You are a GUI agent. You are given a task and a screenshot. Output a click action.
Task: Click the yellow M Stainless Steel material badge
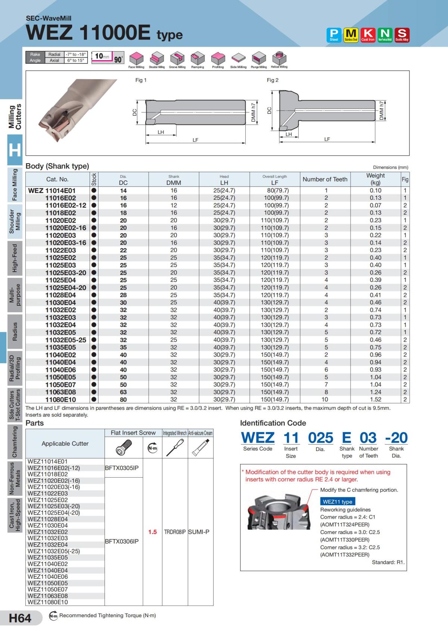click(x=351, y=35)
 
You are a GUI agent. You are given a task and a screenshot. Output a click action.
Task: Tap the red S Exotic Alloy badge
click(x=402, y=35)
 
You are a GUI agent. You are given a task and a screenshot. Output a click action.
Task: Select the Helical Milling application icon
click(x=279, y=59)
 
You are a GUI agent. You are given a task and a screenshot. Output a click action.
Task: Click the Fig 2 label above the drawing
click(x=273, y=80)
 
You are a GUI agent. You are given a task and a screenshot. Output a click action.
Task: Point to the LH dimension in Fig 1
click(x=161, y=132)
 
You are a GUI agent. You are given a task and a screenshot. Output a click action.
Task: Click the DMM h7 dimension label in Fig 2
click(x=381, y=111)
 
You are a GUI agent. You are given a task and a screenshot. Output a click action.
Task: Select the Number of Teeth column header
click(x=325, y=179)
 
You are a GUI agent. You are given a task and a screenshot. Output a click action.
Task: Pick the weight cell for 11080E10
click(x=375, y=400)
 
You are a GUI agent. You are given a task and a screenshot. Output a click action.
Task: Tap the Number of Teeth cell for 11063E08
click(x=326, y=392)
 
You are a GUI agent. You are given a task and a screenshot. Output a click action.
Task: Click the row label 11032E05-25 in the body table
click(x=66, y=340)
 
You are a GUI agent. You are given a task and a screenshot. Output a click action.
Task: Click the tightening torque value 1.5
click(x=152, y=532)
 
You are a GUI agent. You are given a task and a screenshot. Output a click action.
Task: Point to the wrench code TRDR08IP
click(x=175, y=532)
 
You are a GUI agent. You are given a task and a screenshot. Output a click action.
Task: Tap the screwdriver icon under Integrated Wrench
click(x=174, y=447)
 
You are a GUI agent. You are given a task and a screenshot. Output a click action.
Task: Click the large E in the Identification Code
click(x=346, y=438)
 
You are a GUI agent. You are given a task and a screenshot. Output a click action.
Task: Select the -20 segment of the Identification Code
click(x=396, y=438)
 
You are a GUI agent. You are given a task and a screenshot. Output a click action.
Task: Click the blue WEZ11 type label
click(x=337, y=501)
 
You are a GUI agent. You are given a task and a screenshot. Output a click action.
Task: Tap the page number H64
click(x=20, y=618)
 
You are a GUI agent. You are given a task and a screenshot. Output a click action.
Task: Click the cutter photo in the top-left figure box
click(x=71, y=112)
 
